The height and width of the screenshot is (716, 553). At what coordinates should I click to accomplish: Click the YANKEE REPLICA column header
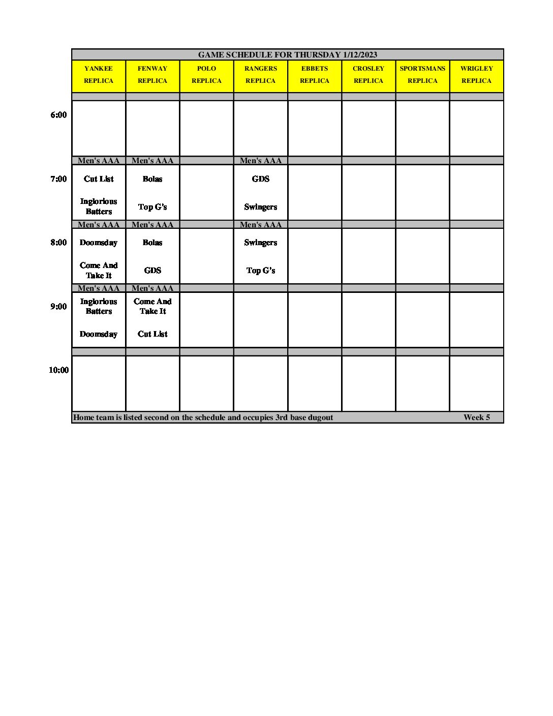(x=99, y=75)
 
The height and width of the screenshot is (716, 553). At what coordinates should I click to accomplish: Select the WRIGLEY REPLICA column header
(x=476, y=75)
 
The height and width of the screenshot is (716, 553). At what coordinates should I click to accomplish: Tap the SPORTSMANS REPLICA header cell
(x=422, y=75)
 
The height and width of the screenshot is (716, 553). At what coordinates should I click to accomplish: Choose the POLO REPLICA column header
(x=206, y=75)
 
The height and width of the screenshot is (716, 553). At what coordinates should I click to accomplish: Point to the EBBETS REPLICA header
(x=315, y=75)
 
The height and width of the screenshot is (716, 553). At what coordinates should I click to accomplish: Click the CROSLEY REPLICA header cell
(x=368, y=75)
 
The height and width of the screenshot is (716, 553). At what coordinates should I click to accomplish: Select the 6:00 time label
(x=58, y=115)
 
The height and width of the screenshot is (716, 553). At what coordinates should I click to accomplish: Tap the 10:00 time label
(x=58, y=370)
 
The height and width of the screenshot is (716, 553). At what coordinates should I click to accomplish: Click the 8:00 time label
(x=58, y=243)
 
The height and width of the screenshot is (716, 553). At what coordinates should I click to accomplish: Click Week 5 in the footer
(x=477, y=417)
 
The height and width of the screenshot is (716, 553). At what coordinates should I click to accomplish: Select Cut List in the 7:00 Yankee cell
(x=99, y=179)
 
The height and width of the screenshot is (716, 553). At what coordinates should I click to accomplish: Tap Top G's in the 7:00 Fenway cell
(x=152, y=207)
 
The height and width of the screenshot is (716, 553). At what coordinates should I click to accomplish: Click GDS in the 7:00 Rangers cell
(x=261, y=179)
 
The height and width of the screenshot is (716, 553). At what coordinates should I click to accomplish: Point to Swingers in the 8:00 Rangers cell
(x=261, y=243)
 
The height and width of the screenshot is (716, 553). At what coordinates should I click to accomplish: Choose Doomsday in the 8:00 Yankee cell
(x=99, y=243)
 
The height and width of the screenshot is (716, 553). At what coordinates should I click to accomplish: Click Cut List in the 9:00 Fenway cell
(x=152, y=334)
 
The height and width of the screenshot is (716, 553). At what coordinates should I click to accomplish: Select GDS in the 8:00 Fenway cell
(x=152, y=271)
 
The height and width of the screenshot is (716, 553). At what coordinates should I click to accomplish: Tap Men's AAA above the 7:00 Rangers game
(x=261, y=161)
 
